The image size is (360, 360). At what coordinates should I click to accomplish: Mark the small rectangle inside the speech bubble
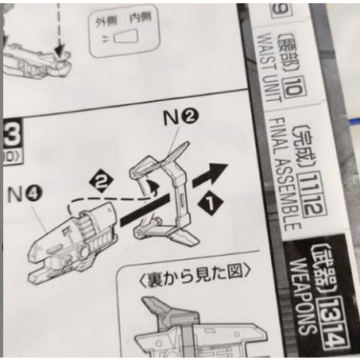123,37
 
